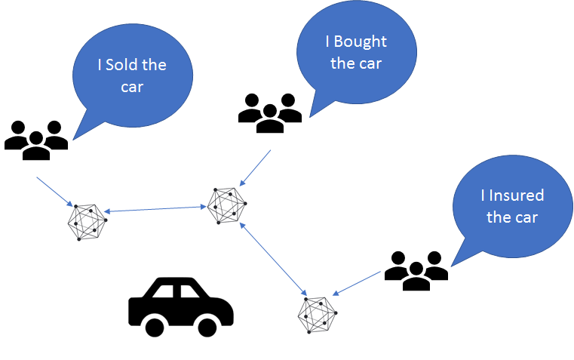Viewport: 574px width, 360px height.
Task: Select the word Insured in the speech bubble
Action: pyautogui.click(x=517, y=195)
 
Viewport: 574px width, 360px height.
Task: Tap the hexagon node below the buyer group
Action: pyautogui.click(x=227, y=205)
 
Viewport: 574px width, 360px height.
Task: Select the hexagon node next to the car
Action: pyautogui.click(x=318, y=314)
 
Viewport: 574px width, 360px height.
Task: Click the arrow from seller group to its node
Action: pyautogui.click(x=56, y=192)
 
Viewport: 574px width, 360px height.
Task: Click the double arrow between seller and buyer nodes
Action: pyautogui.click(x=157, y=210)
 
